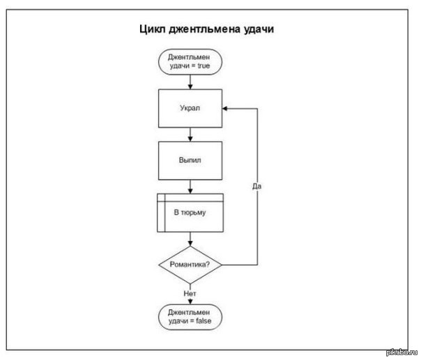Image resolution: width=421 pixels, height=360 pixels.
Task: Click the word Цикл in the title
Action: [153, 29]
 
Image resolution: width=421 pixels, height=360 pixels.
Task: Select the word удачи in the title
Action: [259, 29]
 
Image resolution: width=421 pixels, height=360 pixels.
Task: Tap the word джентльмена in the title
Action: [205, 29]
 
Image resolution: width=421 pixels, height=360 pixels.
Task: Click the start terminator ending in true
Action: [190, 62]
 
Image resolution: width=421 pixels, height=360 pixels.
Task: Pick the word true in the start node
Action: [204, 65]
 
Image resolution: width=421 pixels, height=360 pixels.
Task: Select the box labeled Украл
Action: [190, 109]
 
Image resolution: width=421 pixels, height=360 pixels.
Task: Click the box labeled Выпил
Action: [190, 161]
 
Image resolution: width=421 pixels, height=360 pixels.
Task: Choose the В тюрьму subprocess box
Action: [190, 213]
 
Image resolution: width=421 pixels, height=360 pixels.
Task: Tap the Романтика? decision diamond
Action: [190, 265]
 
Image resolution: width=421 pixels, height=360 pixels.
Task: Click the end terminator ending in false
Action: [190, 317]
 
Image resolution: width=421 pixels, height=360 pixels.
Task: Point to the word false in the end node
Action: [204, 321]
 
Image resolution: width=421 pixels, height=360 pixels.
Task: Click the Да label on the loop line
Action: [257, 186]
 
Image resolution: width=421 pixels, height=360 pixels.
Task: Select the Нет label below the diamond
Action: [190, 293]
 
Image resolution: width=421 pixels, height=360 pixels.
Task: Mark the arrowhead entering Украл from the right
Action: [225, 109]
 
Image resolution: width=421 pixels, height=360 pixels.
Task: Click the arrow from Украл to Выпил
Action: [190, 134]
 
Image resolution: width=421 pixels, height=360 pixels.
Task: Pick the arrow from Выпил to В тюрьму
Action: [190, 187]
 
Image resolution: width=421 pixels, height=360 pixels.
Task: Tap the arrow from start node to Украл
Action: [190, 82]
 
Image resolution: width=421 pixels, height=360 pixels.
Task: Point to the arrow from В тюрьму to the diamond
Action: [190, 239]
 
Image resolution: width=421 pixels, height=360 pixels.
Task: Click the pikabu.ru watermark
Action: [402, 352]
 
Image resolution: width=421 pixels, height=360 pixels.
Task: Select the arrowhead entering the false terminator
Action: [190, 302]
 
